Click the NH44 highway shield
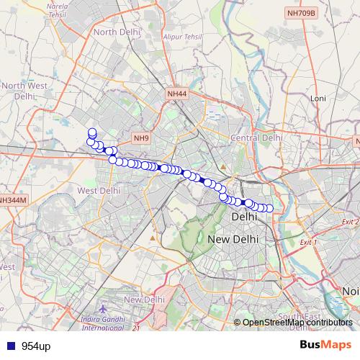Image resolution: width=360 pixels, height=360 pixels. coord(176,94)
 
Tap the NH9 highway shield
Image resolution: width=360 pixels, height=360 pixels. coord(140,138)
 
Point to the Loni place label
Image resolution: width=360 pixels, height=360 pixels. coord(318,98)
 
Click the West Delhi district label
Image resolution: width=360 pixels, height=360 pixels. coord(99,191)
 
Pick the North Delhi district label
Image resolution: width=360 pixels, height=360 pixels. coord(116,32)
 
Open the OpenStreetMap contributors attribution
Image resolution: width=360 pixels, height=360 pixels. coord(297,323)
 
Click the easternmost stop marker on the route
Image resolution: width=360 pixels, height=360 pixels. coord(270,209)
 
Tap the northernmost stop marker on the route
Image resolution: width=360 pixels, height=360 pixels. coord(92,132)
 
